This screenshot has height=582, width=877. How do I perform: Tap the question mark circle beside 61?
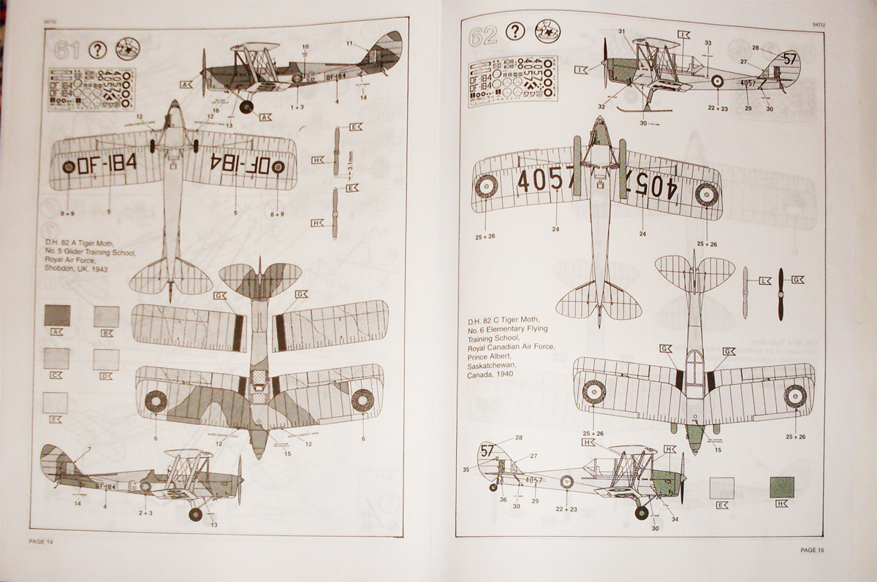pyautogui.click(x=97, y=50)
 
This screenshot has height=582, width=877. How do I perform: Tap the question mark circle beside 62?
pyautogui.click(x=515, y=31)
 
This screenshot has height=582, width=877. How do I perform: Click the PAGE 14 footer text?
pyautogui.click(x=41, y=541)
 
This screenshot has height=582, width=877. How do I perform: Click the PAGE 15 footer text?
pyautogui.click(x=816, y=550)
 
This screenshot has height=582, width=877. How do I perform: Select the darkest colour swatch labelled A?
pyautogui.click(x=57, y=315)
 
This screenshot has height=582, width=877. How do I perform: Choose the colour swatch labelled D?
pyautogui.click(x=106, y=359)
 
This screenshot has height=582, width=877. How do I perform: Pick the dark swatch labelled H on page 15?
pyautogui.click(x=783, y=487)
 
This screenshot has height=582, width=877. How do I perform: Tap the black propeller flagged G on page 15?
pyautogui.click(x=781, y=294)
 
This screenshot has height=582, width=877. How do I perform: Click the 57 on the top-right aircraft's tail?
pyautogui.click(x=789, y=58)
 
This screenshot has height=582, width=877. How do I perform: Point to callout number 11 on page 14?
pyautogui.click(x=349, y=44)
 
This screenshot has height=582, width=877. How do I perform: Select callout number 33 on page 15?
pyautogui.click(x=707, y=43)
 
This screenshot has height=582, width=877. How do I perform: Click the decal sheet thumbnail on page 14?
pyautogui.click(x=91, y=88)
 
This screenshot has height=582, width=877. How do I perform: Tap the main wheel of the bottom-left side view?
pyautogui.click(x=195, y=514)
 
